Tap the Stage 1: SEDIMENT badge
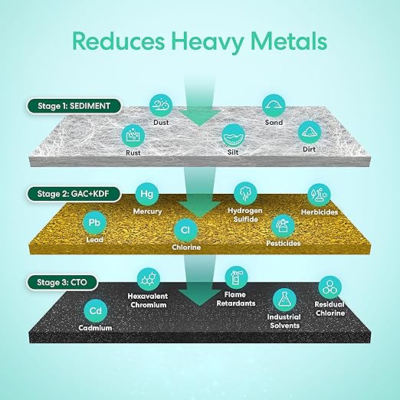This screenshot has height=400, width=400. [x=74, y=106]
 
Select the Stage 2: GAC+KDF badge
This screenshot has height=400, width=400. [x=74, y=194]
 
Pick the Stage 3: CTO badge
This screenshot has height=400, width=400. [x=62, y=283]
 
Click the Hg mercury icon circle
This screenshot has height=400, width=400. [x=146, y=194]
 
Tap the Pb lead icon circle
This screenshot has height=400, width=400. [x=94, y=223]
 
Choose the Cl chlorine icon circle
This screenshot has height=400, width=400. [x=185, y=231]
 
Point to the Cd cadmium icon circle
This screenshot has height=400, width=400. [x=96, y=311]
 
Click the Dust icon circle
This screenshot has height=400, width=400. [x=161, y=106]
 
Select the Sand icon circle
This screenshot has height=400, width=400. [x=274, y=106]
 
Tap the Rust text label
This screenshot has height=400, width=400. [x=133, y=152]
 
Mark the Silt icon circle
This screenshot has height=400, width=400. [x=233, y=136]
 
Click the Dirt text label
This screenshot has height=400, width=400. [x=310, y=149]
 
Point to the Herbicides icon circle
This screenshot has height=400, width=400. [x=319, y=195]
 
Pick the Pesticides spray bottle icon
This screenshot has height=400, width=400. [x=283, y=226]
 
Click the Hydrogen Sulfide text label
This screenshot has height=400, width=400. [x=245, y=215]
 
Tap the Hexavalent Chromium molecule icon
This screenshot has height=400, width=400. [x=149, y=279]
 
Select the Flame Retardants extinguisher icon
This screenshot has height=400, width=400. [x=236, y=277]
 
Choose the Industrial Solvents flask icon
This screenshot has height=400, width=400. [x=284, y=300]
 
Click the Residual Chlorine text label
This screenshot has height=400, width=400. [x=330, y=309]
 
